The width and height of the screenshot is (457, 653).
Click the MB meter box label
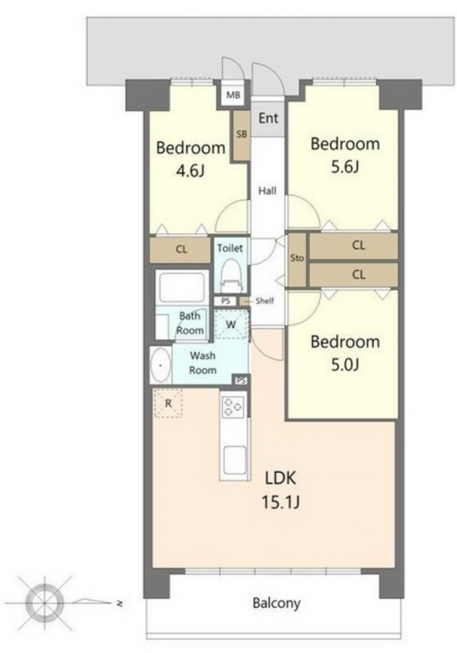(x=233, y=96)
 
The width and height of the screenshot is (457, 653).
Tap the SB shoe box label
(x=241, y=134)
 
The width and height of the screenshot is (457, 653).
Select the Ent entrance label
(x=268, y=118)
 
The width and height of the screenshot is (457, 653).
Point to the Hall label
(x=267, y=191)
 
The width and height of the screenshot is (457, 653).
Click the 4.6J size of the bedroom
(x=191, y=171)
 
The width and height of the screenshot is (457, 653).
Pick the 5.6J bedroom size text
(x=345, y=167)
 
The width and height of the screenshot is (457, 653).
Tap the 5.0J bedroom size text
(x=345, y=365)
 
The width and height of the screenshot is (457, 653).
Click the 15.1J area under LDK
(x=280, y=502)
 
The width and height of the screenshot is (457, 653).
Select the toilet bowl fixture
(x=230, y=275)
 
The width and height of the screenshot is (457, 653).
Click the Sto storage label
(x=297, y=259)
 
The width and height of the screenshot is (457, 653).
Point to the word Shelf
(x=265, y=300)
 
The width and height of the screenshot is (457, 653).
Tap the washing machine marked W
(x=231, y=324)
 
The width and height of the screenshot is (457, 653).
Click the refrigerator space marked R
(x=168, y=403)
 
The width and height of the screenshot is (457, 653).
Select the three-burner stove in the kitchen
(x=233, y=407)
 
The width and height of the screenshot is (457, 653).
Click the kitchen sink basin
(x=235, y=461)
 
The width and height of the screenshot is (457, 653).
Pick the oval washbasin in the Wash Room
(x=160, y=365)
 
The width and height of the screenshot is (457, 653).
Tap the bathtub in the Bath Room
(x=181, y=288)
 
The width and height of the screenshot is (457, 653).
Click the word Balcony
(x=276, y=603)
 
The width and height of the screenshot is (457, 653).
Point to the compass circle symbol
(x=44, y=602)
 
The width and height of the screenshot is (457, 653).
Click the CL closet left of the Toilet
(x=180, y=250)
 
